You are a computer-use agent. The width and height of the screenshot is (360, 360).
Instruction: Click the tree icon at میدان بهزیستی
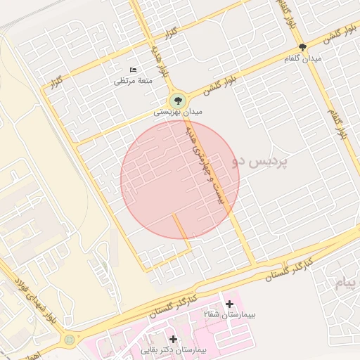pos(177,99)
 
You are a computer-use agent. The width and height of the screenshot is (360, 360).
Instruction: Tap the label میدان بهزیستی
pos(178,112)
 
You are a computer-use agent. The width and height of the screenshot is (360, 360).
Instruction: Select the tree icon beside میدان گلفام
pos(302,48)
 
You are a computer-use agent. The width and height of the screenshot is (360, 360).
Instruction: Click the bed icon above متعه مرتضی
pos(134,70)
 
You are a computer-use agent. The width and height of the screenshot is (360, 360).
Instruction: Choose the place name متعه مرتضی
pos(134,81)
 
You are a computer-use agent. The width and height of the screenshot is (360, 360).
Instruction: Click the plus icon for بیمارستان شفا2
pos(229,304)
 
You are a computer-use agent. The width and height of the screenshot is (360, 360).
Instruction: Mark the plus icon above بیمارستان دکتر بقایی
pos(173,339)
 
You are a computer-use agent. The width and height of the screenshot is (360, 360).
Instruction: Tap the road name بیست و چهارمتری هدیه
pos(206,166)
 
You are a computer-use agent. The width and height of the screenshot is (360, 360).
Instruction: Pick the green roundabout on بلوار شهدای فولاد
pos(70,341)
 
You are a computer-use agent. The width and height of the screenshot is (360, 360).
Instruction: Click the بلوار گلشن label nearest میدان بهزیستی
pos(221,82)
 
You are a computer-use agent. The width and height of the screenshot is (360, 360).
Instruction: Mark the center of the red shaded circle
pos(180,179)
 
